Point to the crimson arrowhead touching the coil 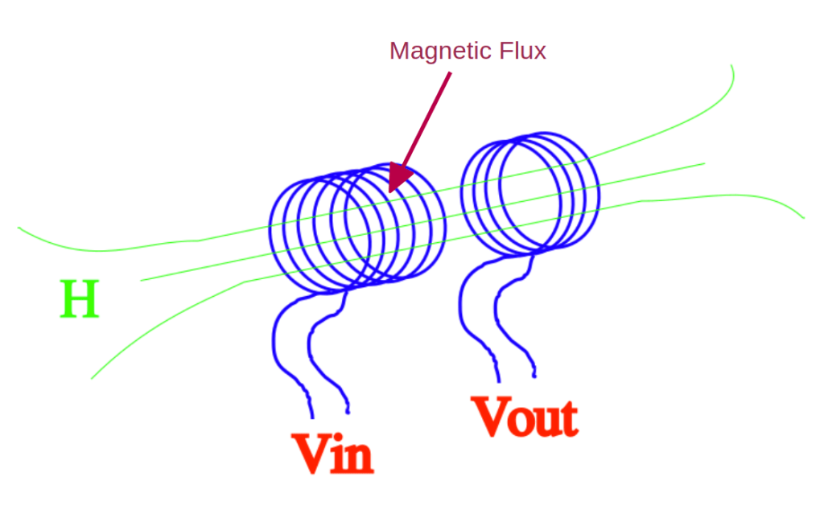[x=398, y=177]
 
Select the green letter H [x=80, y=299]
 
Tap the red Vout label [x=525, y=417]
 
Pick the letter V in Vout [x=491, y=416]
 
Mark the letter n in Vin [x=359, y=458]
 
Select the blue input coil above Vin [x=356, y=229]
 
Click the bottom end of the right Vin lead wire [x=348, y=412]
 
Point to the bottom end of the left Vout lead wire [x=499, y=380]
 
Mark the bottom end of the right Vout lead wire [x=534, y=376]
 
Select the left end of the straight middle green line [x=142, y=280]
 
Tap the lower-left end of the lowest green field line [x=93, y=378]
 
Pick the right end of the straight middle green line [x=704, y=163]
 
